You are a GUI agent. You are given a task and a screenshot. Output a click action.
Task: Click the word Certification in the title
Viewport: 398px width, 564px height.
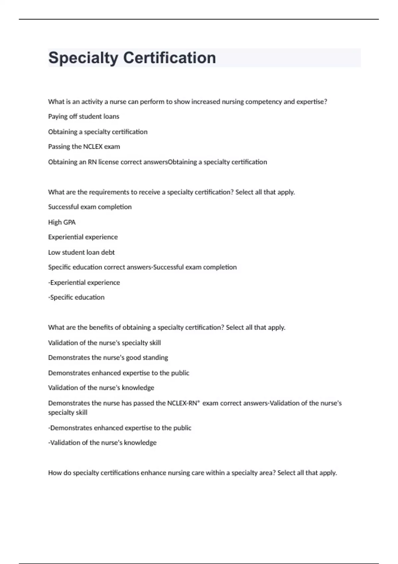coord(169,58)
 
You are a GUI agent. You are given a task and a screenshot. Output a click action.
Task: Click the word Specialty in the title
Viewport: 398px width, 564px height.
coord(83,58)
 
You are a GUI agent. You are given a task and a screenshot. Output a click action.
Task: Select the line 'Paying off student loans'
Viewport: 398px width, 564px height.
coord(84,116)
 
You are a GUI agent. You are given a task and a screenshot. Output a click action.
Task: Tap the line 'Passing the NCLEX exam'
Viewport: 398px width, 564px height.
coord(84,147)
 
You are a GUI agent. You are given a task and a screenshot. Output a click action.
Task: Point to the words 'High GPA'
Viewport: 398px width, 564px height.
coord(62,222)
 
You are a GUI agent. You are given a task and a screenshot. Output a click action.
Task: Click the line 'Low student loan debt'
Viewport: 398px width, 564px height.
coord(81,252)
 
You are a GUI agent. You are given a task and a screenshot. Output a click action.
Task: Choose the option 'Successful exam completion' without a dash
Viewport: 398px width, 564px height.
coord(90,207)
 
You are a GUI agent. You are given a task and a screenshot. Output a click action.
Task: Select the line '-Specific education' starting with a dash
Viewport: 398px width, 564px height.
coord(76,298)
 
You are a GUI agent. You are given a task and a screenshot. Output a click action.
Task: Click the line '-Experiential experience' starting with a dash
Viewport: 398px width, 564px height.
coord(84,283)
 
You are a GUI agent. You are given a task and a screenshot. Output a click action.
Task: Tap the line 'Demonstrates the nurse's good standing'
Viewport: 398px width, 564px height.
coord(108,358)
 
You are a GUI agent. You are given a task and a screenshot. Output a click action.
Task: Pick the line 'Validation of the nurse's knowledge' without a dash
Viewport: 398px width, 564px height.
coord(101,388)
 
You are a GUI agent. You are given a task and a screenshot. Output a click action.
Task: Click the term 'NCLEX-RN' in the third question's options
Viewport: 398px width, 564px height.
coord(182,403)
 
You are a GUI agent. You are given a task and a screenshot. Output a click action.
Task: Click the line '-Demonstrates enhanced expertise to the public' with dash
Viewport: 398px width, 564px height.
coord(119,428)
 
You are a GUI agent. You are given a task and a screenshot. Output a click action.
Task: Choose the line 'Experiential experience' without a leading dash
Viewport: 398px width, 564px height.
coord(83,237)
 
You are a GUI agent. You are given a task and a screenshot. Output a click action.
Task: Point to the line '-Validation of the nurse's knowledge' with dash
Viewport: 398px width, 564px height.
coord(102,443)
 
